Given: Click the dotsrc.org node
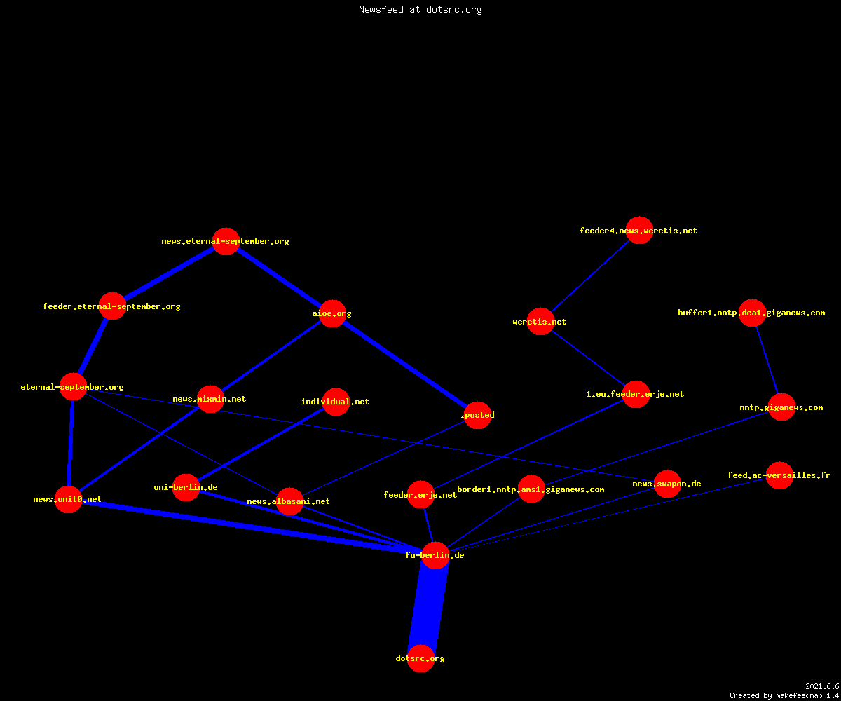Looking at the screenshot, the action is point(420,658).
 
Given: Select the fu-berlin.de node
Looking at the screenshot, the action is point(435,556).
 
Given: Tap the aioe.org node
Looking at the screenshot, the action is point(332,313).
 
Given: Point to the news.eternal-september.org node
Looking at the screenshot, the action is point(226,241).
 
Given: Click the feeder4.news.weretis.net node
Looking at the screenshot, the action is point(639,231).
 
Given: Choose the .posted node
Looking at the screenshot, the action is point(478,415).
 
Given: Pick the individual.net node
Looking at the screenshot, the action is point(336,402).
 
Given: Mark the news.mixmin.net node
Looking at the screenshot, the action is point(210,399).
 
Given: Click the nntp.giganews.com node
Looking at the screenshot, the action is point(781,407).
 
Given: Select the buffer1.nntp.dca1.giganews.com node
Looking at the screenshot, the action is point(752,313).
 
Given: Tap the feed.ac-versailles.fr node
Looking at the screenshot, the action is point(779,475).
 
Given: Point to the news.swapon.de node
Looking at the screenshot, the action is point(667,484).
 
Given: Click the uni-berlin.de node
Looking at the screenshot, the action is point(186,487).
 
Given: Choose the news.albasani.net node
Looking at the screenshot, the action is point(289,501).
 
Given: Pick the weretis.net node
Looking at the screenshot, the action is point(540,322).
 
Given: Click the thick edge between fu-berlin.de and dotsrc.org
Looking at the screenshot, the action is point(428,607).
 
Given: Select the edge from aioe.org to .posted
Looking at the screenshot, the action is point(405,365).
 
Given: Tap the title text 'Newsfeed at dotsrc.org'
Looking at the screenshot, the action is point(420,9).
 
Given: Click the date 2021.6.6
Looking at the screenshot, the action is point(822,686).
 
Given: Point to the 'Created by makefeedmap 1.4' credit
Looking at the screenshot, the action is point(784,695).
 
